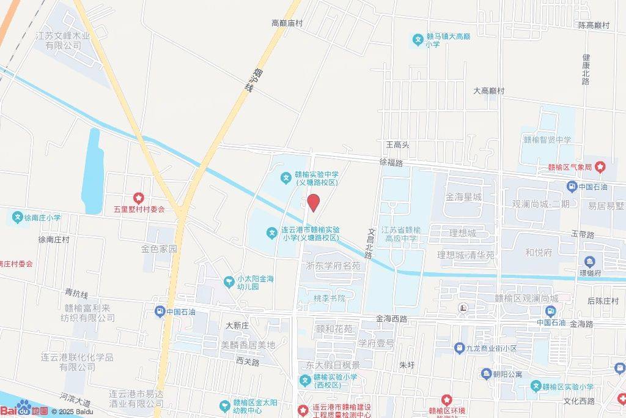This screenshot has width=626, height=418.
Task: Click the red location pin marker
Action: pyautogui.click(x=314, y=203)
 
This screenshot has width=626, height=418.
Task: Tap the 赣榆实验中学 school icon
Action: pyautogui.click(x=285, y=178)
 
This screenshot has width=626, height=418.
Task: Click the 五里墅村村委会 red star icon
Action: pyautogui.click(x=139, y=198)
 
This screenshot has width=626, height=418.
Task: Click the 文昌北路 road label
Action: pyautogui.click(x=370, y=243)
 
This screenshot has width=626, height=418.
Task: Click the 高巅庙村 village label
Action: pyautogui.click(x=287, y=23)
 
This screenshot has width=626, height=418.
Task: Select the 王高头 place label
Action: pyautogui.click(x=397, y=145)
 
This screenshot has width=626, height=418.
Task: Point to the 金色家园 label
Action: pyautogui.click(x=159, y=249)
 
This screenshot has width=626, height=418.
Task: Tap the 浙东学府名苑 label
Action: pyautogui.click(x=333, y=266)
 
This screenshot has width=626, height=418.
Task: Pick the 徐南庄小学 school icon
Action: pyautogui.click(x=17, y=217)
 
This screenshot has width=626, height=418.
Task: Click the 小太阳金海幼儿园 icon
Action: pyautogui.click(x=229, y=282)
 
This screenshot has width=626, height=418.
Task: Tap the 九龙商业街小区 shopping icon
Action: pyautogui.click(x=459, y=348)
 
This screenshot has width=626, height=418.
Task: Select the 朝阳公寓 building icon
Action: pyautogui.click(x=486, y=373)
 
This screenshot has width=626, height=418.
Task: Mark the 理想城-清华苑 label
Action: pyautogui.click(x=466, y=255)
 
